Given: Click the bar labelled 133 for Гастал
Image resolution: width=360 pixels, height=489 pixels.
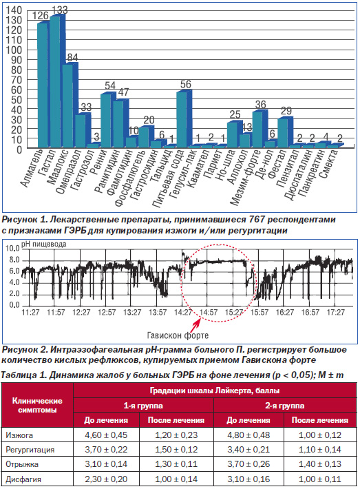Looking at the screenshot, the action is pyautogui.click(x=55, y=82).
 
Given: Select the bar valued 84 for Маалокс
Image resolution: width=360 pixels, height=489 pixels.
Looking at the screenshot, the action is pyautogui.click(x=67, y=105).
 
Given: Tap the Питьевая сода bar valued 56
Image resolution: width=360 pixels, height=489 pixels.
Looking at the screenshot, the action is pyautogui.click(x=182, y=119).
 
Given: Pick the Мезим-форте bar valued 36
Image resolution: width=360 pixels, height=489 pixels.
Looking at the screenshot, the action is pyautogui.click(x=257, y=129).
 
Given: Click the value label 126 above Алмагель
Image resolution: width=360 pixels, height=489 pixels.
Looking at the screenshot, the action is pyautogui.click(x=41, y=15).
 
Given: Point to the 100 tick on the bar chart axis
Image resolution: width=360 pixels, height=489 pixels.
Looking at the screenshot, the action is pyautogui.click(x=14, y=50).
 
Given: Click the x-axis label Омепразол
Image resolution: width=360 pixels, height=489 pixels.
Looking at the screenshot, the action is pyautogui.click(x=68, y=170).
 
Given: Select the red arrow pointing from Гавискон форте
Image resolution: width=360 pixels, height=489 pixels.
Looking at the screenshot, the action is pyautogui.click(x=195, y=325).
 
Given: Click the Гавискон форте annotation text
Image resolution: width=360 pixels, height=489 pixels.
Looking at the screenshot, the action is pyautogui.click(x=178, y=335).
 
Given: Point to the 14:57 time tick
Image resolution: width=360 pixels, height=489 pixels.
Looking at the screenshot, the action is pyautogui.click(x=209, y=312).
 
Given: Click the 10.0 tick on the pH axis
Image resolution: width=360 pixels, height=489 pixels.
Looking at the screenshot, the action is pyautogui.click(x=12, y=248).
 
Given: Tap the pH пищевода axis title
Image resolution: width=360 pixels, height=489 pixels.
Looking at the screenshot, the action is pyautogui.click(x=43, y=244).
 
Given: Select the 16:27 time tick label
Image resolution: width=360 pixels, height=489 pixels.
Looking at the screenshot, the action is pyautogui.click(x=285, y=312).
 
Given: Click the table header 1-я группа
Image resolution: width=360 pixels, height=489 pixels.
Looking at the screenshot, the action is pyautogui.click(x=143, y=406).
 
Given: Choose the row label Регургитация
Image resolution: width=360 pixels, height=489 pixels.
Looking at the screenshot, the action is pyautogui.click(x=30, y=450).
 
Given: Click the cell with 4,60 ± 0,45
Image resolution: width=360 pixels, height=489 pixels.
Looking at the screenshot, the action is pyautogui.click(x=106, y=435).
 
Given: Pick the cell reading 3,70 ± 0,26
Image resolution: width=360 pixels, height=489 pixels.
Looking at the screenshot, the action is pyautogui.click(x=248, y=464).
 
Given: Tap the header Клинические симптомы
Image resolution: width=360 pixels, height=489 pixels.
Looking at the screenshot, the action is pyautogui.click(x=37, y=405).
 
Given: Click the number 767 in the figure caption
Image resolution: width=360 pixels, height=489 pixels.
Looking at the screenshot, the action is pyautogui.click(x=257, y=220).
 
